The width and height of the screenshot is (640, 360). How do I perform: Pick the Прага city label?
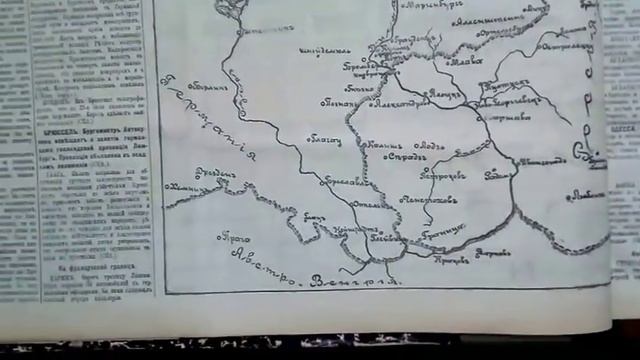[235, 238]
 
